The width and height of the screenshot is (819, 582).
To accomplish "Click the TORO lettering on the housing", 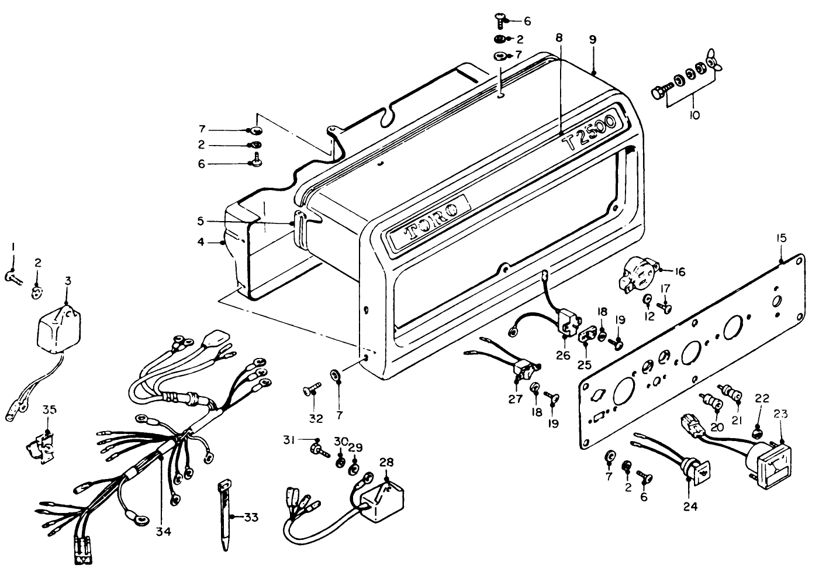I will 427,223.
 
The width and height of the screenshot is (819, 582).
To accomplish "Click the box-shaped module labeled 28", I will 382,498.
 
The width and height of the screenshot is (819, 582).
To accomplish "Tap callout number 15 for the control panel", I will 782,239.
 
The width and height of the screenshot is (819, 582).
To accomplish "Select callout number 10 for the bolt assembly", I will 695,116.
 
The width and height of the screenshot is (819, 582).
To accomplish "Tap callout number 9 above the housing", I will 593,40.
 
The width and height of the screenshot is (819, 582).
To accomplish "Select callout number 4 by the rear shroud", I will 201,241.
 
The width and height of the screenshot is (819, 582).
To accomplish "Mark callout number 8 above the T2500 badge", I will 559,37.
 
